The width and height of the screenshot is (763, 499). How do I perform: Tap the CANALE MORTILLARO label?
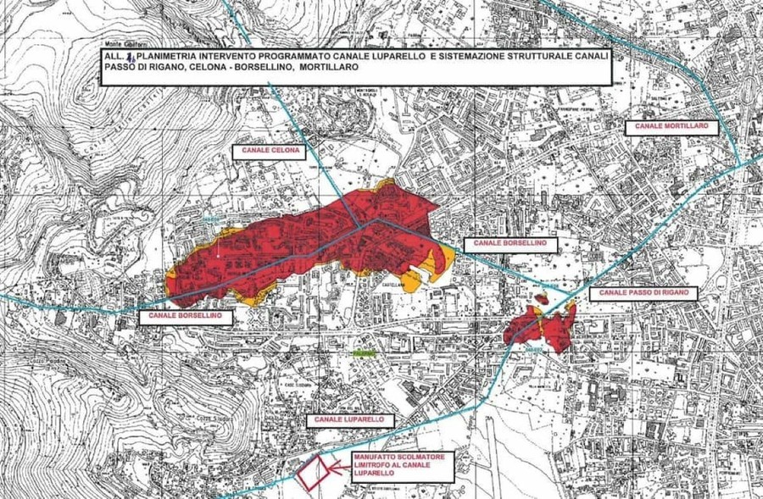click(x=670, y=127)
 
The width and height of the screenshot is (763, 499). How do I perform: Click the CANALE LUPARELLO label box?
click(x=348, y=419)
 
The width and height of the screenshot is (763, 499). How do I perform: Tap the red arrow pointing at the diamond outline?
click(x=339, y=465)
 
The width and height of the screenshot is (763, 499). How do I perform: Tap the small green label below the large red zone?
click(x=364, y=351)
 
